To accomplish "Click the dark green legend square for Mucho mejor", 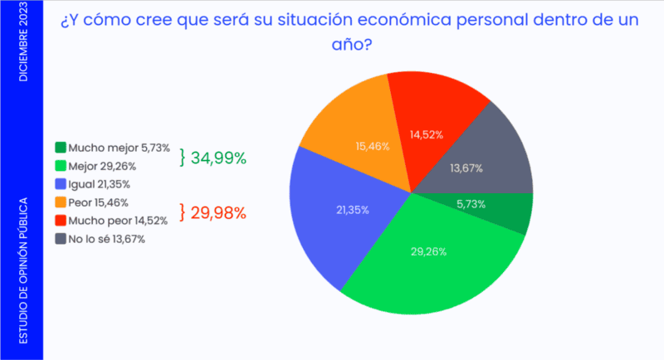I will (60, 148).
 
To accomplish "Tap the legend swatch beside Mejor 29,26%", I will (60, 166).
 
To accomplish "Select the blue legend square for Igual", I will (60, 184).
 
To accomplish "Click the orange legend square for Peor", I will (60, 202).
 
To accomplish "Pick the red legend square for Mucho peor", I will (60, 221).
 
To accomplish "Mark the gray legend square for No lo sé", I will (60, 239).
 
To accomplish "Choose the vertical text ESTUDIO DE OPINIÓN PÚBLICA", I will (22, 270).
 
